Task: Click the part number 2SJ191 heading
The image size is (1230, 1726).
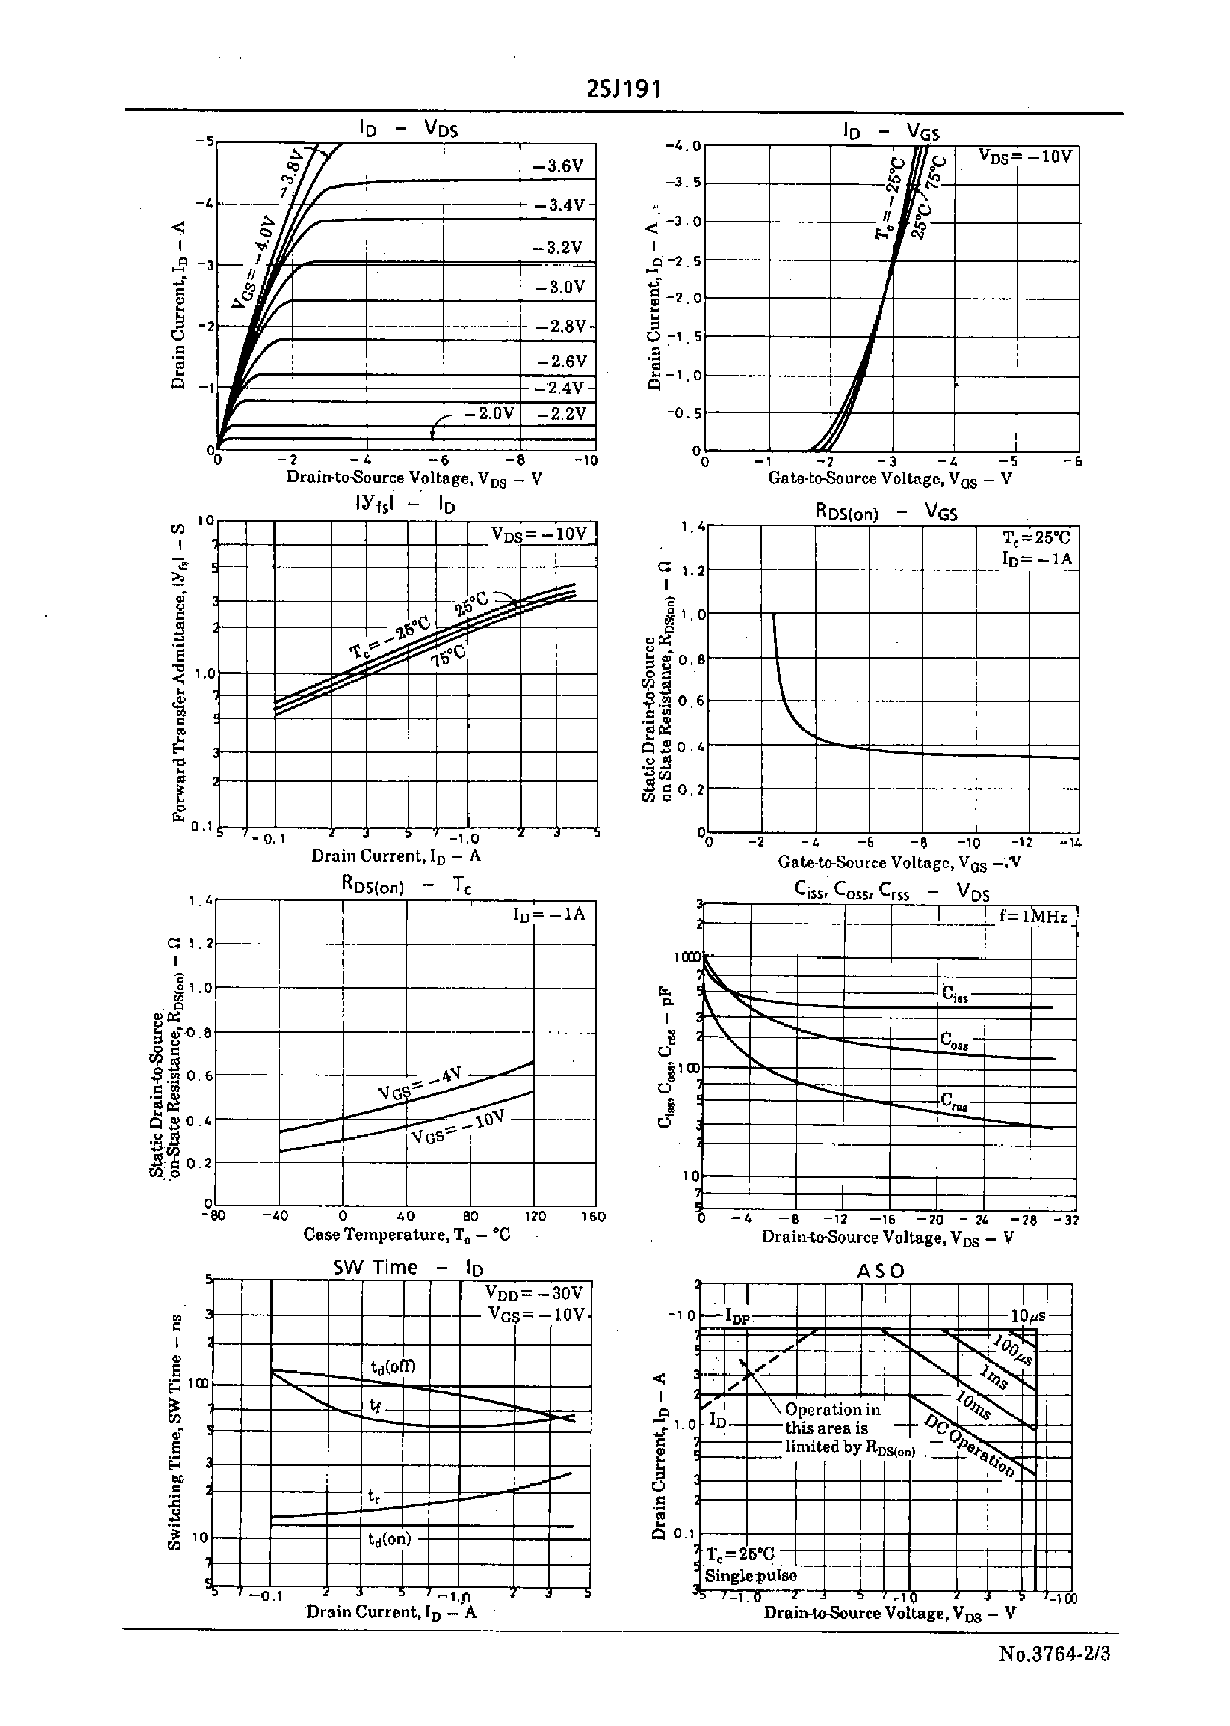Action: [x=624, y=90]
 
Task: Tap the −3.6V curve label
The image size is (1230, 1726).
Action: [x=558, y=166]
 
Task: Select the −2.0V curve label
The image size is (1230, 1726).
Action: [x=489, y=413]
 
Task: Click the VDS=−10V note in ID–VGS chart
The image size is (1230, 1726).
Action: [x=1025, y=157]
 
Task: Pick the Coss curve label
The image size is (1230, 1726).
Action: [x=954, y=1040]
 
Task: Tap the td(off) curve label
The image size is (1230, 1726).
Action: [x=392, y=1366]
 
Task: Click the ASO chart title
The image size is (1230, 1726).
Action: [x=880, y=1270]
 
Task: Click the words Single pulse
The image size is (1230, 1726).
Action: [x=750, y=1576]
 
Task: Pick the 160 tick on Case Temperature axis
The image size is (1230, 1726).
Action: [x=593, y=1216]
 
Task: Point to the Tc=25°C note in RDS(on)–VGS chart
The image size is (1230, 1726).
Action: [x=1036, y=537]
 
